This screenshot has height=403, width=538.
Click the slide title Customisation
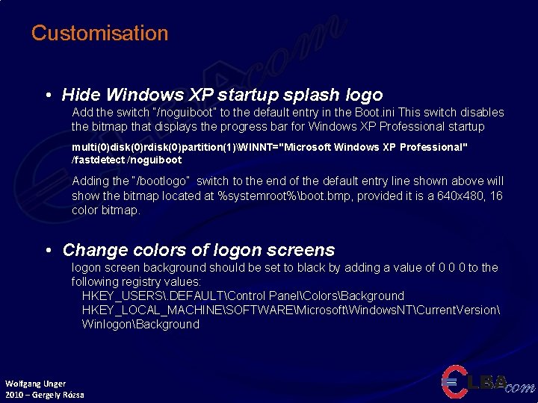pos(99,34)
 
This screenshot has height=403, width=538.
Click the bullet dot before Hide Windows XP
pos(48,96)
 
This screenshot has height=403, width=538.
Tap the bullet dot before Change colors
pos(48,251)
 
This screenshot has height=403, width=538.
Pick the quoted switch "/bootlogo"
pos(161,181)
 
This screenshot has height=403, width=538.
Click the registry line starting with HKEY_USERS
pos(243,296)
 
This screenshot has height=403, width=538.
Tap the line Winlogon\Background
pos(140,324)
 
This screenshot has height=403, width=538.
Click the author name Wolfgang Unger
pos(35,384)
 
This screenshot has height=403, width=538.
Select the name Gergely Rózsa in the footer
pos(60,394)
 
